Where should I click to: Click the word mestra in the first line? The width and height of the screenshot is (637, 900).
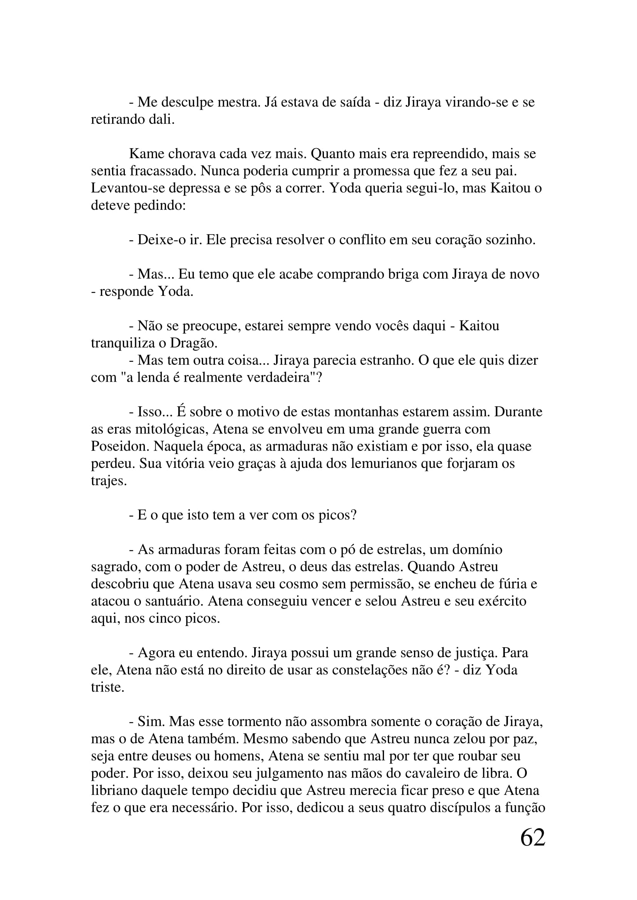click(239, 102)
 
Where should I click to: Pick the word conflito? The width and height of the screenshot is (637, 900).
click(362, 240)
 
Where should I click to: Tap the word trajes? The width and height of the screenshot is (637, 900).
click(109, 481)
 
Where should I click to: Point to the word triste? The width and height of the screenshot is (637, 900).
click(107, 687)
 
